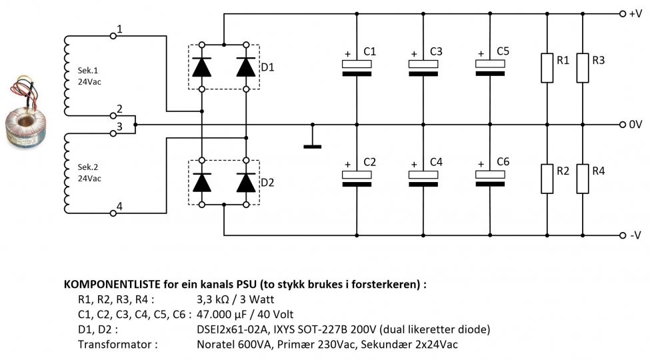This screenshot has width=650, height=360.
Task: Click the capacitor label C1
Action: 370,51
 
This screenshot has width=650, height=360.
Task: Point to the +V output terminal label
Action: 635,13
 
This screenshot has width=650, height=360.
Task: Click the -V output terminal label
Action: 635,236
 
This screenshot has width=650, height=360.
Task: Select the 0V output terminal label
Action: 635,125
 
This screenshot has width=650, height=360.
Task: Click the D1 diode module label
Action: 267,67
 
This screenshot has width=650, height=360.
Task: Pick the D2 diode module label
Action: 267,182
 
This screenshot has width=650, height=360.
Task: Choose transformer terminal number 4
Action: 119,207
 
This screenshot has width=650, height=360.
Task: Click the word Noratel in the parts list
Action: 216,345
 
